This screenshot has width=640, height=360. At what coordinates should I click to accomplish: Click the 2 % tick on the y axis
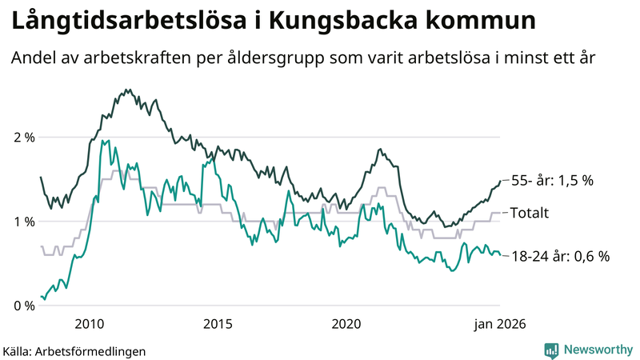coord(24,137)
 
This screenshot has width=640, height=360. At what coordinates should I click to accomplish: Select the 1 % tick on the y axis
coord(24,221)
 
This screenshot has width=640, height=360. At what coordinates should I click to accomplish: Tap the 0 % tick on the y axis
coord(24,306)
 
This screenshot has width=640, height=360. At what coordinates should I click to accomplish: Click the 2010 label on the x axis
coord(89,324)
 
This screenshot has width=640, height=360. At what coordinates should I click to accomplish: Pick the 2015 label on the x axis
coord(218,324)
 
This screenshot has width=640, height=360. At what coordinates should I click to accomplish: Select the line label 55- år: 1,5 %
coord(552,181)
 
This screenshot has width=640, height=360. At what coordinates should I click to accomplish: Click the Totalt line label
coord(530,213)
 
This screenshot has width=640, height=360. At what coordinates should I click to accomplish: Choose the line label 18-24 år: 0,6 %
coord(560,256)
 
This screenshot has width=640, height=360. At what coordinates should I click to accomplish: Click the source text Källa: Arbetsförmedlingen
coord(74,350)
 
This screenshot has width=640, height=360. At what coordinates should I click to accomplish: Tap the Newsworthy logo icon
coord(551,350)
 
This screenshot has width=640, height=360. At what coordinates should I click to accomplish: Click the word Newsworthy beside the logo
coord(597,350)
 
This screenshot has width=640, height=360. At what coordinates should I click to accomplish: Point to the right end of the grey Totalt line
coord(500,213)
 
